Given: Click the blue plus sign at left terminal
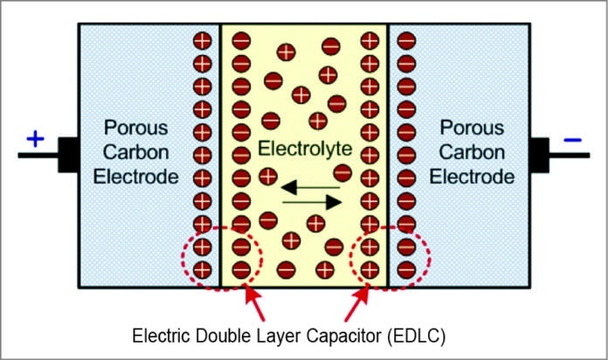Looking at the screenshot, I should pyautogui.click(x=35, y=138).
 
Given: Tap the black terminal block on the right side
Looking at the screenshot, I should pyautogui.click(x=541, y=155).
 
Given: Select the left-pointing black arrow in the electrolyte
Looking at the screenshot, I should pyautogui.click(x=301, y=186).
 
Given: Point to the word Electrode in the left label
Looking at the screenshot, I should pyautogui.click(x=140, y=177).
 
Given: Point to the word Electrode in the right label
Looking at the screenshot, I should pyautogui.click(x=475, y=177).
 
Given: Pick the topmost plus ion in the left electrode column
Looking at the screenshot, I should pyautogui.click(x=203, y=40).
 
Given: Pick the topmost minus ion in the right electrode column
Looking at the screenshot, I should pyautogui.click(x=406, y=40).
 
